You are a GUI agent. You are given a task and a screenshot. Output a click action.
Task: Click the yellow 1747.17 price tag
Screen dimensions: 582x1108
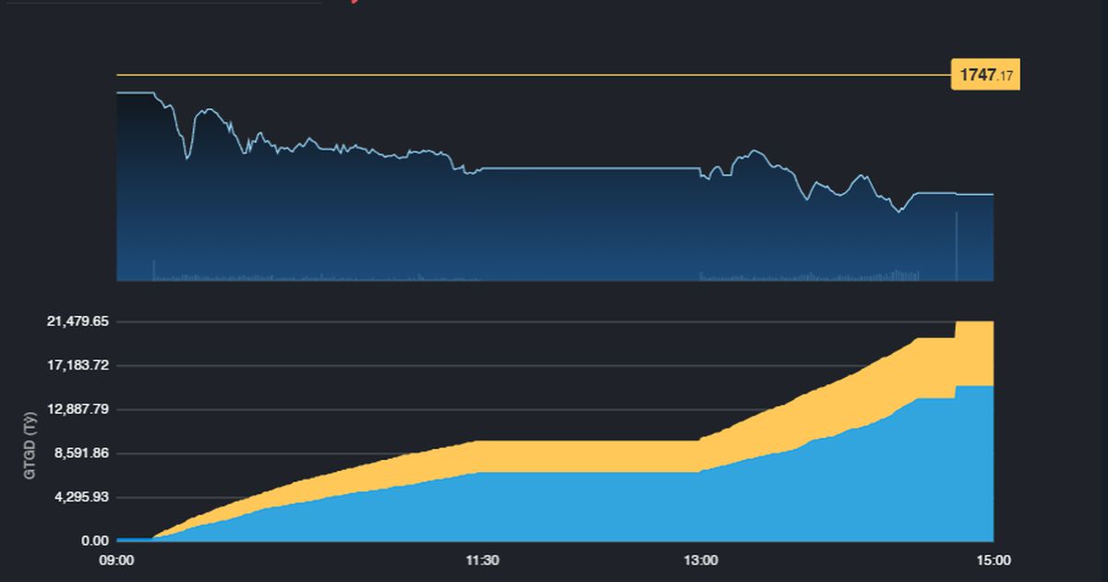(x=985, y=76)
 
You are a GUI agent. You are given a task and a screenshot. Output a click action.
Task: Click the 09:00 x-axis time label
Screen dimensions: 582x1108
(x=117, y=560)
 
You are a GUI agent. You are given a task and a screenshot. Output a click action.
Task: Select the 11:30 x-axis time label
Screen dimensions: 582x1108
(x=482, y=560)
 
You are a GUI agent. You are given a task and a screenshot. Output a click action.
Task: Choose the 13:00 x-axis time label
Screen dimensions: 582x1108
(x=701, y=560)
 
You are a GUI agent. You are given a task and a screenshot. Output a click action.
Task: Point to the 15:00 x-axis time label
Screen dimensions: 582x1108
(x=994, y=560)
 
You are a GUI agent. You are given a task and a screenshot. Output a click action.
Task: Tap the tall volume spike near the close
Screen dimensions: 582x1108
(x=957, y=245)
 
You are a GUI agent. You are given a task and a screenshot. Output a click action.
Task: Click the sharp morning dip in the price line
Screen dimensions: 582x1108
(x=187, y=158)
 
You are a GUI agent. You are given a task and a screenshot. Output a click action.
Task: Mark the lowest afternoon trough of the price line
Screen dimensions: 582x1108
(x=898, y=212)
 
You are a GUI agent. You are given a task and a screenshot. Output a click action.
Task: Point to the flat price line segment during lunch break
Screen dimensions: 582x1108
(x=591, y=168)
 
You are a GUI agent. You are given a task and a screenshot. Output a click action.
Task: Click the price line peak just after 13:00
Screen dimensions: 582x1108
(x=756, y=150)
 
